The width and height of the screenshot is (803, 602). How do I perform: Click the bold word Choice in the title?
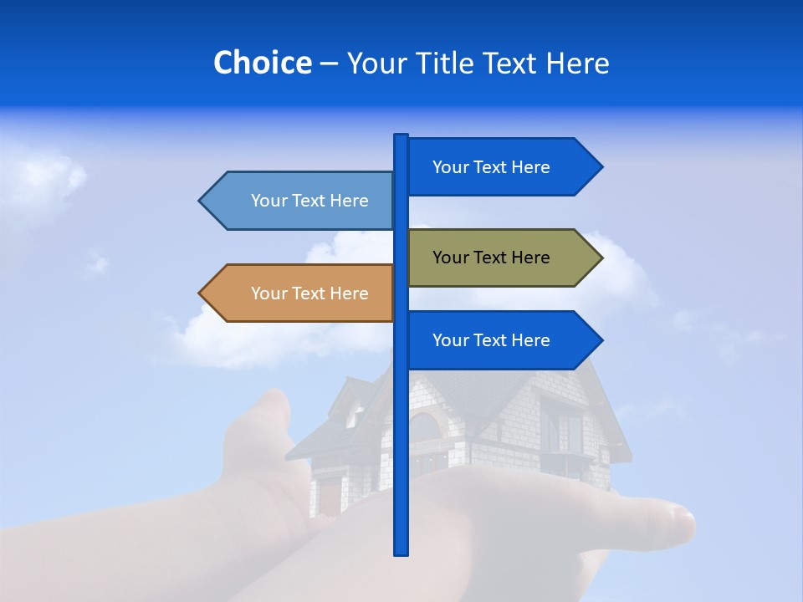[x=262, y=63]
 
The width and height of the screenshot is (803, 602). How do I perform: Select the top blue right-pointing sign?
[x=502, y=166]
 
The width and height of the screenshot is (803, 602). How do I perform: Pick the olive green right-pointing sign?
[x=502, y=258]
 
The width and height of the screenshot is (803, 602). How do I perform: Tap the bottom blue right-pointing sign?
[x=502, y=340]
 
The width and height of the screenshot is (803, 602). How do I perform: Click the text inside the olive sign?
[x=491, y=258]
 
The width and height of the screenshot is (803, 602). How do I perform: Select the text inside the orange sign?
[x=309, y=293]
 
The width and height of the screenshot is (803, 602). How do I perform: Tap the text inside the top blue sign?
[x=491, y=167]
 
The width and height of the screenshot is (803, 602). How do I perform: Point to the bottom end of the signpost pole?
[x=401, y=551]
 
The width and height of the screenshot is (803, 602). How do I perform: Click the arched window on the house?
[x=425, y=426]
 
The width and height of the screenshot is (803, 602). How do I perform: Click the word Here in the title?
[x=577, y=63]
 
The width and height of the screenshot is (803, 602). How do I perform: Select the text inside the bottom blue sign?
[x=491, y=340]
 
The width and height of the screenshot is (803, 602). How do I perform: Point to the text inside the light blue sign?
[x=309, y=201]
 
